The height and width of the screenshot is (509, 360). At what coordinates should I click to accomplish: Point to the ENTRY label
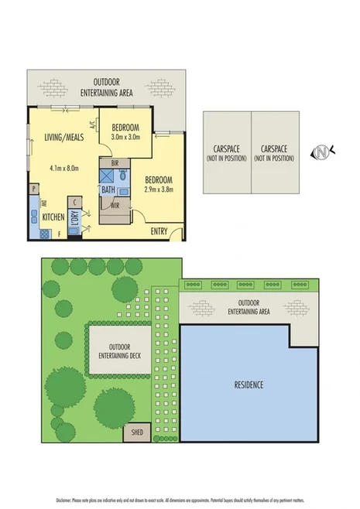[x=159, y=231]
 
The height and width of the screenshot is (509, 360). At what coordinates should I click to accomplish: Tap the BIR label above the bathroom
[x=115, y=163]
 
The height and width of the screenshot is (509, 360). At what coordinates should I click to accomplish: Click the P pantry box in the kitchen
[x=33, y=188]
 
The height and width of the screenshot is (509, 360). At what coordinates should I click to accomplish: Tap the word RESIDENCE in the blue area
[x=249, y=384]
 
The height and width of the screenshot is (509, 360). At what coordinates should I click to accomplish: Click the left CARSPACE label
[x=226, y=152]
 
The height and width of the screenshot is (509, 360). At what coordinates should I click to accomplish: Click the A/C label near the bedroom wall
[x=93, y=124]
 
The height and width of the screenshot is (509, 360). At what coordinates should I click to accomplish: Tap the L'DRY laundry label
[x=76, y=221]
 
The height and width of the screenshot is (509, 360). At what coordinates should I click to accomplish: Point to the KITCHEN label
[x=53, y=217]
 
